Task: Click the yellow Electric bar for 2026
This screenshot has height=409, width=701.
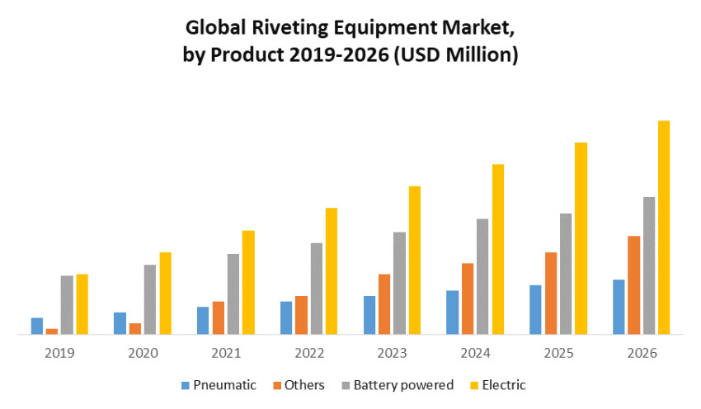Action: click(x=664, y=228)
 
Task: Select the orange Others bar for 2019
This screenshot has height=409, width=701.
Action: click(x=52, y=331)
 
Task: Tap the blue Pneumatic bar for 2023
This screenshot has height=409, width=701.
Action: click(x=369, y=315)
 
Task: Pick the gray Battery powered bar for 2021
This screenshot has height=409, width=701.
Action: click(x=233, y=294)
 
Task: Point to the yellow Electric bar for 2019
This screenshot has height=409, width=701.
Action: click(x=82, y=304)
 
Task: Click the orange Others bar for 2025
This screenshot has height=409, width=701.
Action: click(x=551, y=293)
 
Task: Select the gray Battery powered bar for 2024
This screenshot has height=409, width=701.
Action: click(x=482, y=276)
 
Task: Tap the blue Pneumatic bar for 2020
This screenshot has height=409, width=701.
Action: click(x=120, y=323)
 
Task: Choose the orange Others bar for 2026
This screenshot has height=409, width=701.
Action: click(x=634, y=285)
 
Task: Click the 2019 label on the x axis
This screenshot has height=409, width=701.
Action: click(x=59, y=353)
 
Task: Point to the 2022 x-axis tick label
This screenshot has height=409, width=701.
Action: click(x=309, y=353)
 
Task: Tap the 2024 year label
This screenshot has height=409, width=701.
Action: click(x=476, y=353)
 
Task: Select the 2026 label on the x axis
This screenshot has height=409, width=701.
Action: click(x=642, y=353)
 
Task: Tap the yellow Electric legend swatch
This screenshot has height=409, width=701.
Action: click(x=473, y=385)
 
